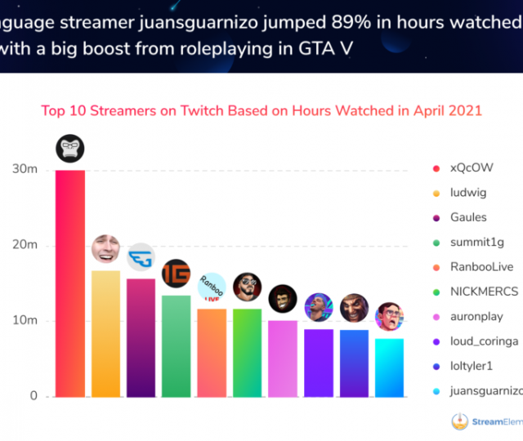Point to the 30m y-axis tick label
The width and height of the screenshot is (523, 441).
24,169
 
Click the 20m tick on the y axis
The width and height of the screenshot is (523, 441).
24,245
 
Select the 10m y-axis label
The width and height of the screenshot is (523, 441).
24,320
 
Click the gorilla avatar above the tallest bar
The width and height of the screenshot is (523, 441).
69,149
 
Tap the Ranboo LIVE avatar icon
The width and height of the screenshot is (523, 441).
212,287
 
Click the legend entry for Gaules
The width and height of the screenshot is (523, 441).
468,217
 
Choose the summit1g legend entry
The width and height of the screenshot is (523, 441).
476,242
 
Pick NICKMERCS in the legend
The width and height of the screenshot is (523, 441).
483,291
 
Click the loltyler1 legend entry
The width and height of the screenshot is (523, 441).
472,366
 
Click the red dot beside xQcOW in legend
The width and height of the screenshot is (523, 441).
435,168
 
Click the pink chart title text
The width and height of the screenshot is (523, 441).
261,110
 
